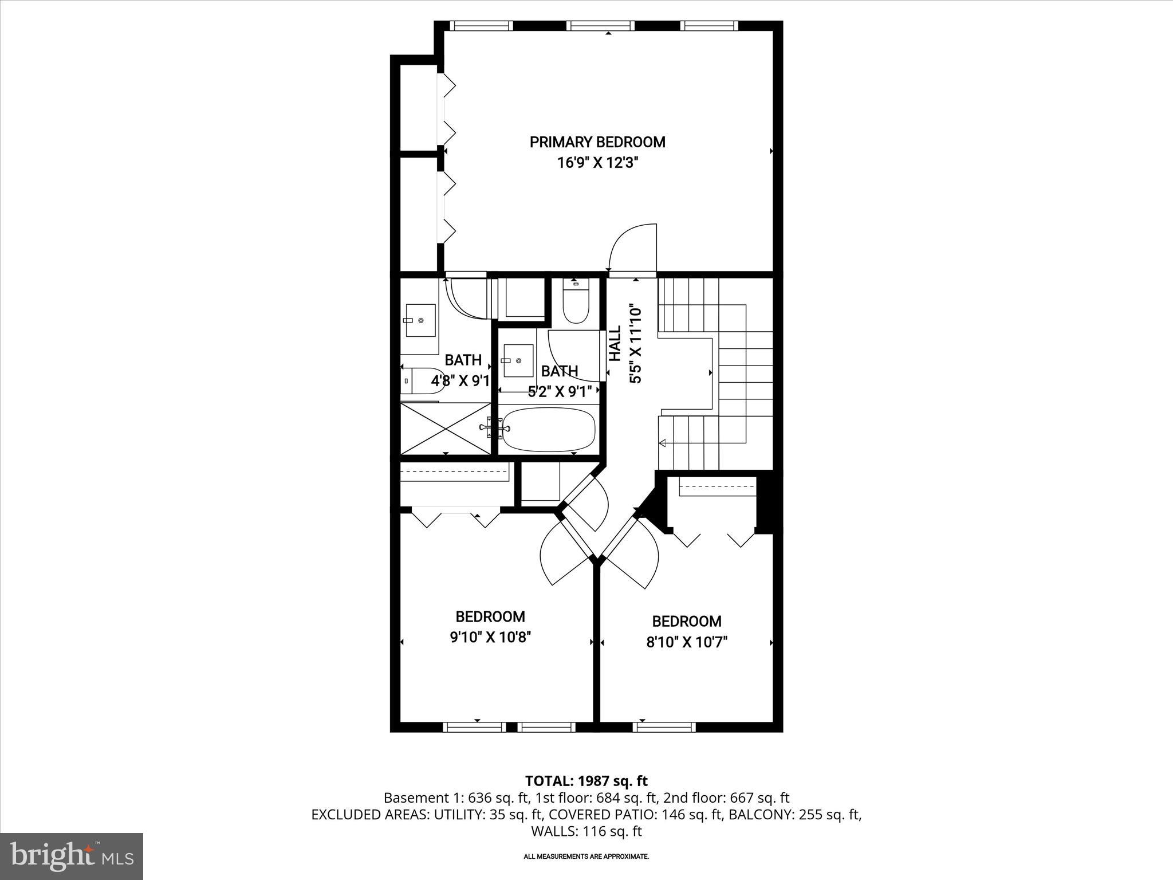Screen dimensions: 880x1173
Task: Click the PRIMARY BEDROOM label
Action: [597, 142]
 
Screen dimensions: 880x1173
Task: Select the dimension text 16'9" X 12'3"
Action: [597, 163]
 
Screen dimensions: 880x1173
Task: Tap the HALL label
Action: [615, 344]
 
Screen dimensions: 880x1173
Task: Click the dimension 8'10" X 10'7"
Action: [686, 642]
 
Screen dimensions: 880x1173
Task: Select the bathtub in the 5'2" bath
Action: [549, 430]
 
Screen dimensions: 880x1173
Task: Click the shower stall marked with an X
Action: [445, 428]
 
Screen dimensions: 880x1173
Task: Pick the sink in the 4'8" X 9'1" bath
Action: [420, 321]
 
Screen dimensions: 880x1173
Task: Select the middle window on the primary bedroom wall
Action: [601, 26]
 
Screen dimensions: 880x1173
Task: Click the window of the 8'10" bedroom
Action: [664, 727]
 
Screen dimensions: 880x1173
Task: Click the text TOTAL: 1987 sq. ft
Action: [586, 781]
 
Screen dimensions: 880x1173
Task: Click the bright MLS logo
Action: [72, 855]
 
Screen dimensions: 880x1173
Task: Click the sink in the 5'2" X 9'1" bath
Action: [518, 361]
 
